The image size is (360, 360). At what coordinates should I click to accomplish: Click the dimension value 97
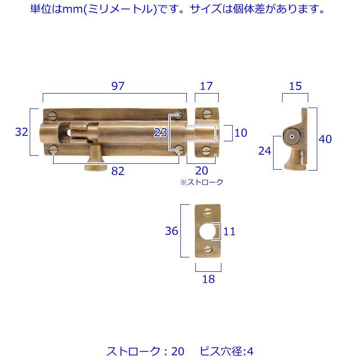coord(118,86)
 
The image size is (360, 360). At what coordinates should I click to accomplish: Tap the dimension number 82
coord(118,171)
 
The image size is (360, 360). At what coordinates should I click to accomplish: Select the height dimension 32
coord(22,132)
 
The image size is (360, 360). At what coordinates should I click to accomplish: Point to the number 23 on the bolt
coord(161,132)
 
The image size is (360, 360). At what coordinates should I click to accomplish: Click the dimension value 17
coord(206,86)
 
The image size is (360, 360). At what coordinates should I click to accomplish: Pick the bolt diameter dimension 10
coord(241,133)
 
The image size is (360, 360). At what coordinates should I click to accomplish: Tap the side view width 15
coord(295,86)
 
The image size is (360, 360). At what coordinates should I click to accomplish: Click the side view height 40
coord(325,139)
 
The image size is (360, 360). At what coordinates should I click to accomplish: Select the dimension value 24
coord(265,151)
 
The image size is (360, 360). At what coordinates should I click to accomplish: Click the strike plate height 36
coord(172,231)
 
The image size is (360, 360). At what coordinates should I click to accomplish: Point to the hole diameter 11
coord(229,231)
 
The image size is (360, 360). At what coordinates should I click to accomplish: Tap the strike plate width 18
coord(208,279)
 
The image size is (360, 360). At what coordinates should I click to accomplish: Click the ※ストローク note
coord(202,182)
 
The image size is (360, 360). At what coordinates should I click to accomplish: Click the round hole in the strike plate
coord(207,231)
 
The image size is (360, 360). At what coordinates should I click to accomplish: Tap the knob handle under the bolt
coord(95,159)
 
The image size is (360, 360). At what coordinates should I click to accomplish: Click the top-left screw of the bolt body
coord(53,116)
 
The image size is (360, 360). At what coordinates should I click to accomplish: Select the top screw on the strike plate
coord(208,211)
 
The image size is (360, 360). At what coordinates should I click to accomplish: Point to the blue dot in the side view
coord(292,137)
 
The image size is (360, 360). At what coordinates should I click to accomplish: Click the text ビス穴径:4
coord(227,351)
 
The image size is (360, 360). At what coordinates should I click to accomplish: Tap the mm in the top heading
coord(72,9)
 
